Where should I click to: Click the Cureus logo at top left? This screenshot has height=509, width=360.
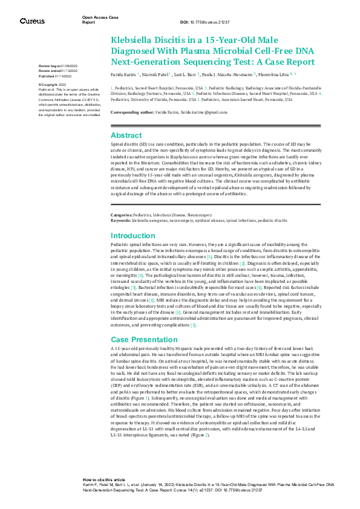point(31,21)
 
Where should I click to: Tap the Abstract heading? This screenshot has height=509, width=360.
point(126,135)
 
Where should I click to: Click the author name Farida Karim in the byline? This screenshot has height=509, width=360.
point(123,74)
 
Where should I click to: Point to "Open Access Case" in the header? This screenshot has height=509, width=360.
point(97,18)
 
